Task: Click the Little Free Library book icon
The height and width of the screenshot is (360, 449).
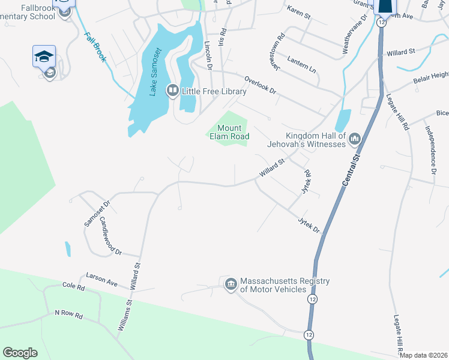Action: coord(173,91)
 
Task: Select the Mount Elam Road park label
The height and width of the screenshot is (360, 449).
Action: coord(229,132)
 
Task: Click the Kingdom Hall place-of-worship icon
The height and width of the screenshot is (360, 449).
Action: coord(354,139)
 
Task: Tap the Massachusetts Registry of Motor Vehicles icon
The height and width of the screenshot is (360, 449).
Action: coord(231,284)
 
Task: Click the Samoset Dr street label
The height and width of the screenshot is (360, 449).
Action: coord(95,214)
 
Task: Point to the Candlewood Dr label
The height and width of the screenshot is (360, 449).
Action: coord(110,238)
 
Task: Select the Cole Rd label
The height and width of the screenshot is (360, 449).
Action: coord(73,287)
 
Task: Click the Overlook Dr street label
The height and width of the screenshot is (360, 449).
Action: coord(259,85)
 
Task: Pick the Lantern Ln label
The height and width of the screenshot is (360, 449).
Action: coord(301,65)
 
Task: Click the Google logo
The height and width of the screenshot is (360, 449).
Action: coord(20,353)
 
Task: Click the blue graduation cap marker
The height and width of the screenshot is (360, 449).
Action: coord(44,56)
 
